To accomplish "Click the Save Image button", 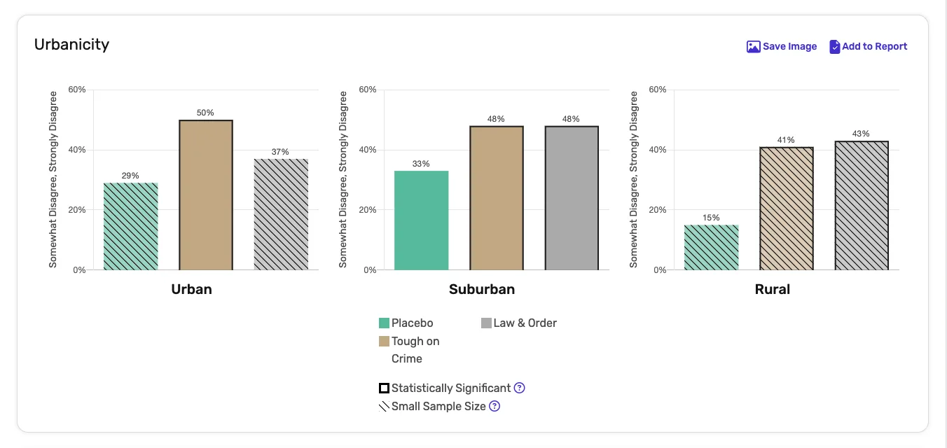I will point(782,46).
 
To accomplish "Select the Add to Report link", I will point(868,46).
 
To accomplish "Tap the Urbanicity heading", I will point(71,44).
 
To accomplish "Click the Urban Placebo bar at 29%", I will point(131,226).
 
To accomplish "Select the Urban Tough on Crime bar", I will point(206,195).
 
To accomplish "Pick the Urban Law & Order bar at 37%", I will point(281,214).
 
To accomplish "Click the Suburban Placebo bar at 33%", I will point(421,220).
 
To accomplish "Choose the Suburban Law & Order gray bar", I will point(572,197).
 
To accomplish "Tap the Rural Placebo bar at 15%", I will point(711,247).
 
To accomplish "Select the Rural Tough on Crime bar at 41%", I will point(786,208).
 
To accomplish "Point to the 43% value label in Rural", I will point(861,134).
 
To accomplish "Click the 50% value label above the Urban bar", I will point(206,113).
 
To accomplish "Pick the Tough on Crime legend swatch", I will point(384,342).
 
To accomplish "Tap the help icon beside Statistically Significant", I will point(519,388).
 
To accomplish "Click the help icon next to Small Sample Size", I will point(494,406).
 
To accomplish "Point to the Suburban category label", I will point(482,289).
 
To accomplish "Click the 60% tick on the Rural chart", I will point(657,90).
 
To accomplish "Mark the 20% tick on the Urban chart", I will point(76,210).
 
